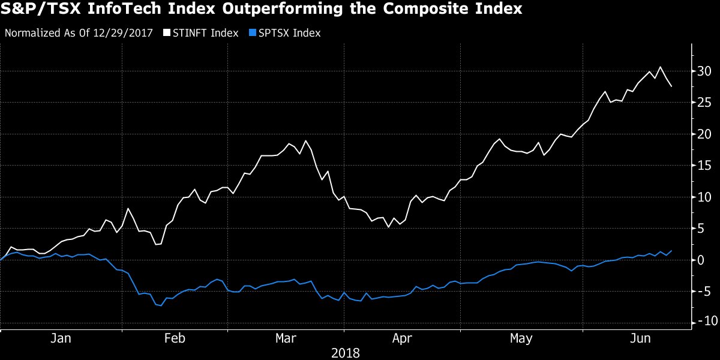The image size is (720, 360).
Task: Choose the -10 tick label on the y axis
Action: [x=702, y=322]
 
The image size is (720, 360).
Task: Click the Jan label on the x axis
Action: [x=61, y=339]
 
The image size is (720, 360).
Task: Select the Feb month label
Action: [x=175, y=339]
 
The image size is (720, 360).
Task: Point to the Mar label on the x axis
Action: [x=286, y=339]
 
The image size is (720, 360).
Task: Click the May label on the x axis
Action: [x=521, y=339]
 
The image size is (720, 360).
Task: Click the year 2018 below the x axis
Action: [x=345, y=353]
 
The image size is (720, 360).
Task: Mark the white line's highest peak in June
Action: [x=660, y=67]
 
